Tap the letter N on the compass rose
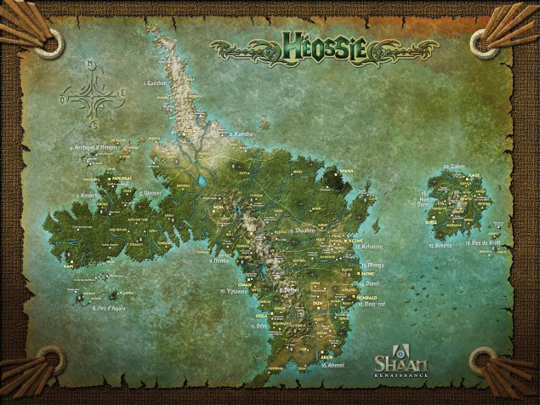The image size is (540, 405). (88, 64)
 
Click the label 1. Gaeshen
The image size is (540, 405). (159, 83)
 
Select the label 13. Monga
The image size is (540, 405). (372, 265)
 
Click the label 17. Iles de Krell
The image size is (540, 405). (482, 243)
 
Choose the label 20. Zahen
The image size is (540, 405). (452, 167)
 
